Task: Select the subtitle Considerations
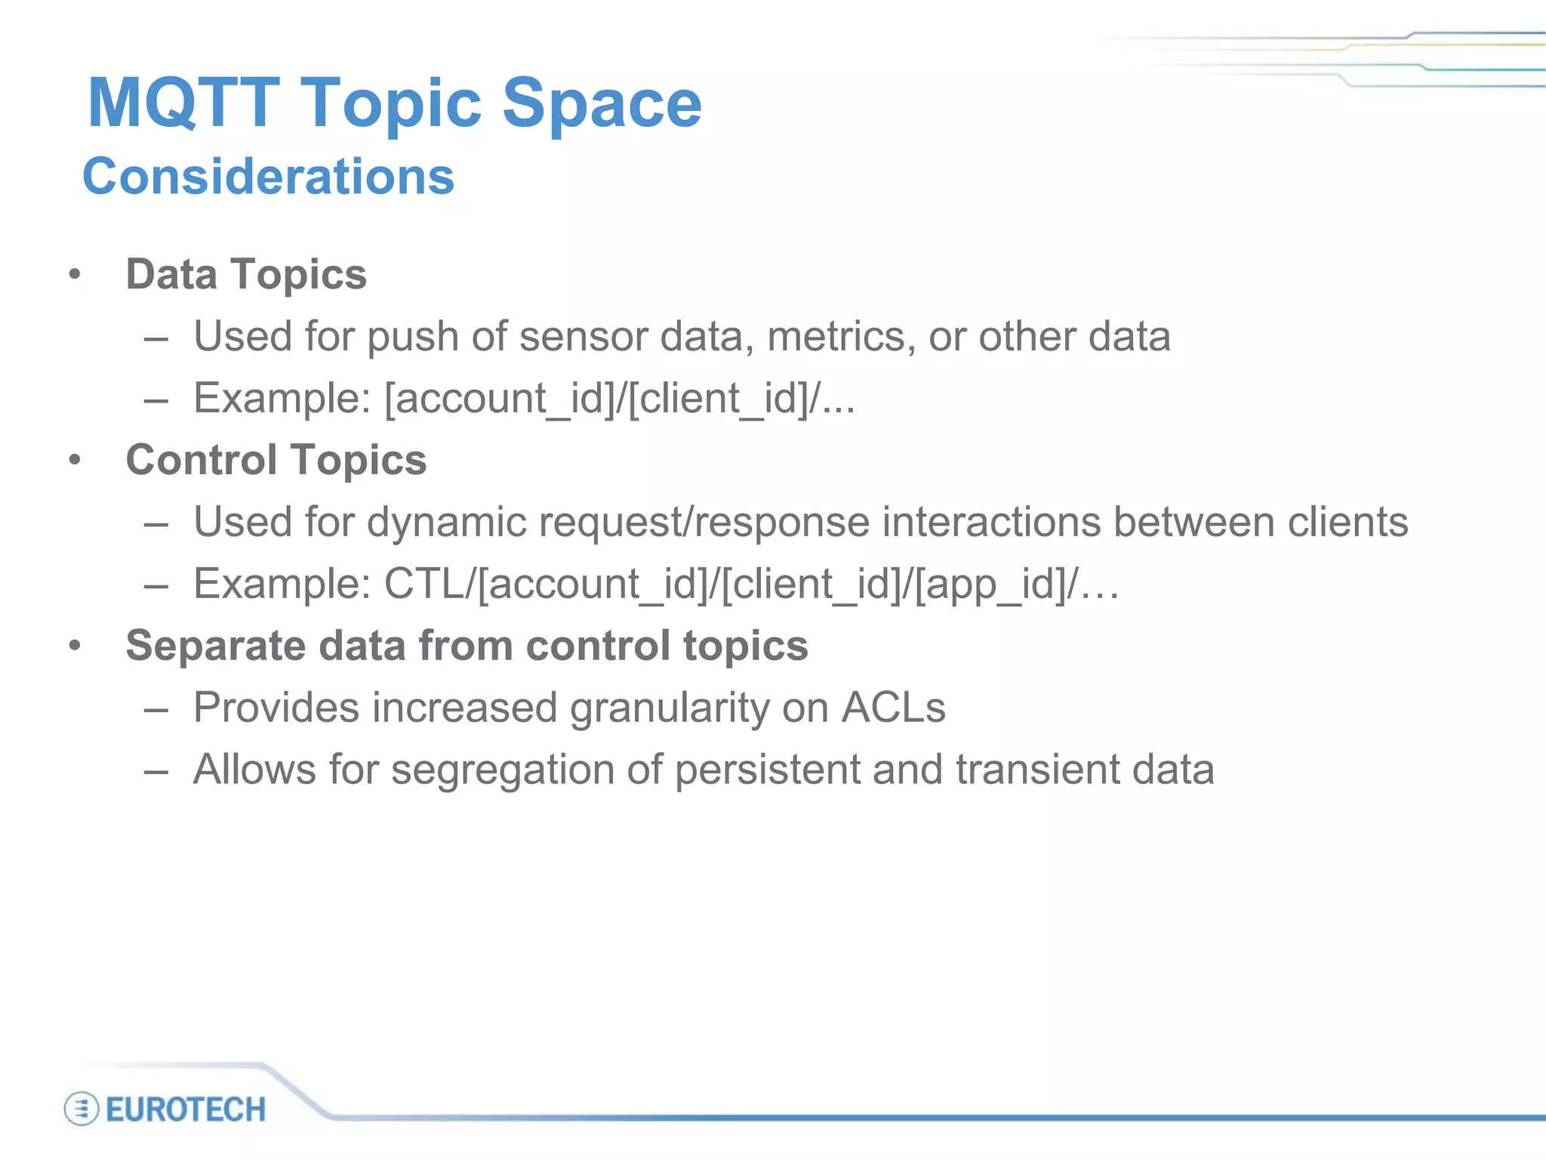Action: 268,176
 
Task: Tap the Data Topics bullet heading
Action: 246,274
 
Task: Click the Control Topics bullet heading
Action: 276,460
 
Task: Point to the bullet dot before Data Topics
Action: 74,275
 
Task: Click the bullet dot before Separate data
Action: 74,646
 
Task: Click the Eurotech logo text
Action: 186,1109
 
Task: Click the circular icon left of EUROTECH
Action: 82,1109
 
